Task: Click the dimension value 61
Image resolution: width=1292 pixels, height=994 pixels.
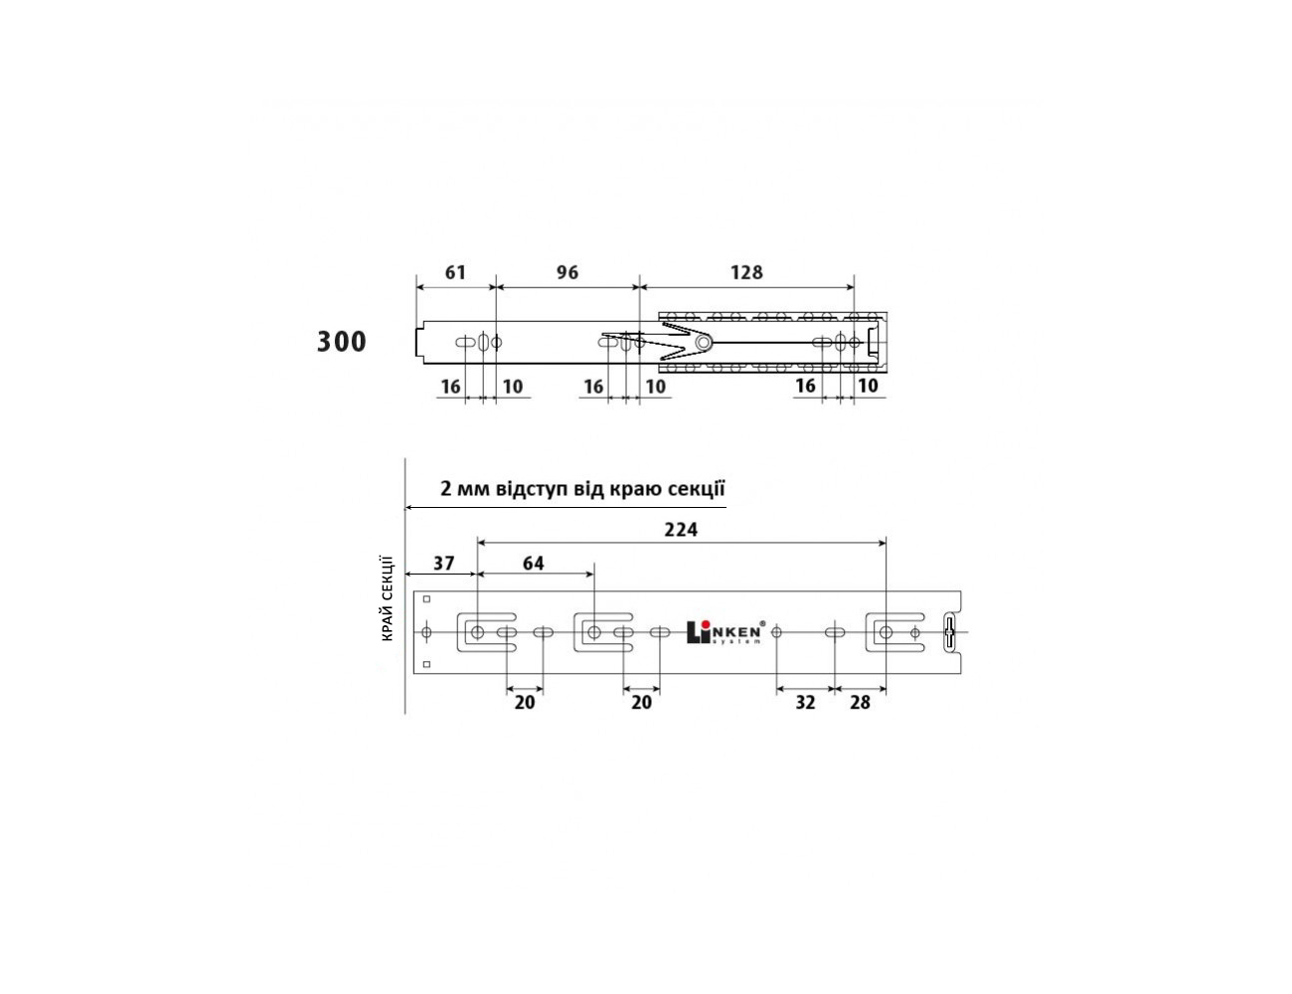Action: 455,273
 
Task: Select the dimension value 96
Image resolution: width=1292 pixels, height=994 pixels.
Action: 567,273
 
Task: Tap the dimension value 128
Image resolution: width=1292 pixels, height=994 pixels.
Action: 746,273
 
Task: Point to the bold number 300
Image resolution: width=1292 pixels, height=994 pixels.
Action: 341,342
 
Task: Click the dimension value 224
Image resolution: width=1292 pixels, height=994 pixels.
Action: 681,530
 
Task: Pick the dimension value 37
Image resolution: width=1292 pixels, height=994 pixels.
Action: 443,563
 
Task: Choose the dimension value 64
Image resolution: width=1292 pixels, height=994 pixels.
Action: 534,563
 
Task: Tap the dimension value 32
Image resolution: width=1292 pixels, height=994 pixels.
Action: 805,703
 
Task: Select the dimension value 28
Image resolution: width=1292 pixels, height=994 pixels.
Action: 860,703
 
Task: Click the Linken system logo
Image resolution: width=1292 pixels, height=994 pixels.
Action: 725,632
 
